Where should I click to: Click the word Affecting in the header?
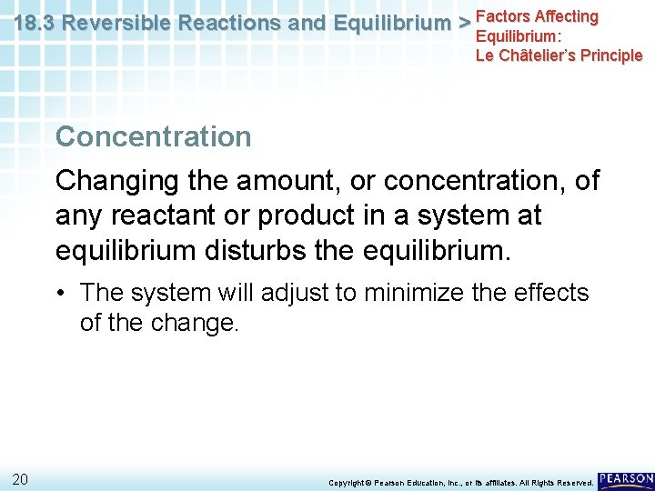click(568, 16)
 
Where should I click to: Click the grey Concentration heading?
click(153, 136)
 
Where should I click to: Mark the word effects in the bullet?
click(549, 294)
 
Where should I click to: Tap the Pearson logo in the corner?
click(626, 478)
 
